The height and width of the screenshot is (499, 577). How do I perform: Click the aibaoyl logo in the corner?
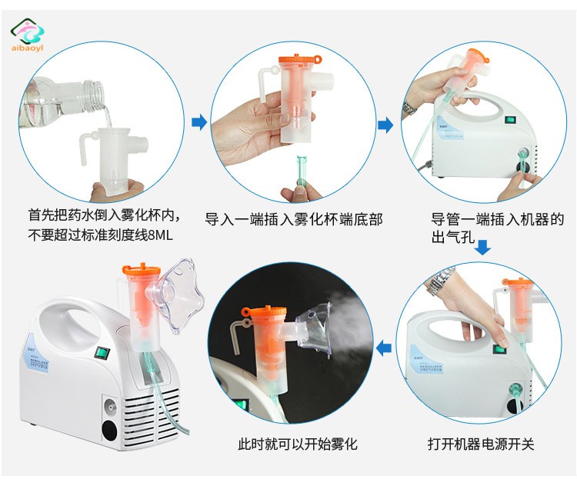27,35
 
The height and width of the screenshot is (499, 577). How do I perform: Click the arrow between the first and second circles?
199,122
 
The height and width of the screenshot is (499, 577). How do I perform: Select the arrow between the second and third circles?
385,125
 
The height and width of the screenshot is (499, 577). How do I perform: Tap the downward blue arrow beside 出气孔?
482,247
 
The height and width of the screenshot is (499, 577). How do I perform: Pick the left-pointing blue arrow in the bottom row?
384,348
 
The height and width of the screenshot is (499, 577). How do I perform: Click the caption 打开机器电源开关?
480,444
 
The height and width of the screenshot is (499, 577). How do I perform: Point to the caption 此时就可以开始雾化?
297,444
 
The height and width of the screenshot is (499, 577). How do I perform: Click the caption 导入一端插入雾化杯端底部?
294,219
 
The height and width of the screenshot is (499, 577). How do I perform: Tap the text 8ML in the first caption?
160,235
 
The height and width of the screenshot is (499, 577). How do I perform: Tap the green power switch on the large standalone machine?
102,354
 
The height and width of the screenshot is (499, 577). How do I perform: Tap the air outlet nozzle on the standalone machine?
110,406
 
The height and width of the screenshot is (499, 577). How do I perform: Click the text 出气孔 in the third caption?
453,237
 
